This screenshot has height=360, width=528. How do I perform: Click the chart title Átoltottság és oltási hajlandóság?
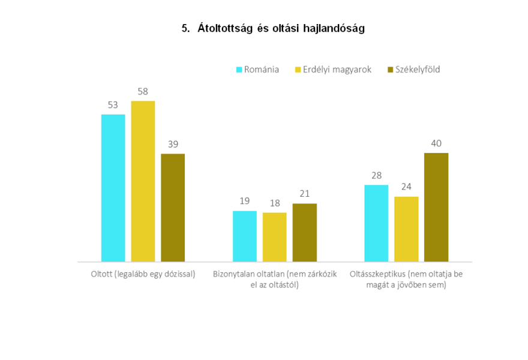pos(281,28)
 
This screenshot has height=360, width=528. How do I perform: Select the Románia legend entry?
pos(257,70)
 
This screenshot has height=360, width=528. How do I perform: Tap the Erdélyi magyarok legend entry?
pos(333,70)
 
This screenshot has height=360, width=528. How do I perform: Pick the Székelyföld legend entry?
pos(414,70)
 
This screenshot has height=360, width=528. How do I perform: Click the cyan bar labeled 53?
pos(113,188)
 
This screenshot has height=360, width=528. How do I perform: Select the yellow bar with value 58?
pos(143,181)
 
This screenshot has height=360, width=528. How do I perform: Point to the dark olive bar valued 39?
pos(173,208)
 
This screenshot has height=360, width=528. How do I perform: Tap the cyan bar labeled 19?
pos(245,236)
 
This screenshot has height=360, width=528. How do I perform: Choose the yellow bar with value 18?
pos(274,237)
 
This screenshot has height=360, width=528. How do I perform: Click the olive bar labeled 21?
pos(304,233)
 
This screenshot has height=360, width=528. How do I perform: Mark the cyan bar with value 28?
pos(376,223)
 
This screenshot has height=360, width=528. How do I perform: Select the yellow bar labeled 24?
pos(406,229)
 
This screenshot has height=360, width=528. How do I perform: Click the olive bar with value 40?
pos(436,208)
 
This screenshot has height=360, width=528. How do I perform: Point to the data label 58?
pos(143,92)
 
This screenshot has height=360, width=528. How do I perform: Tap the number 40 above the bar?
pos(436,143)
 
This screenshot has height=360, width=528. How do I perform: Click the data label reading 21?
pos(304,194)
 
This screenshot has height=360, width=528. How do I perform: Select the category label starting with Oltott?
pos(143,274)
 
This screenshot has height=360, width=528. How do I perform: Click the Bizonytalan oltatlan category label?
pos(275,279)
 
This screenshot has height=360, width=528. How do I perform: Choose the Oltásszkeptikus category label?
pos(406,279)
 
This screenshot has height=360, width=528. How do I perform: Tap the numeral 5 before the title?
pos(185,29)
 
